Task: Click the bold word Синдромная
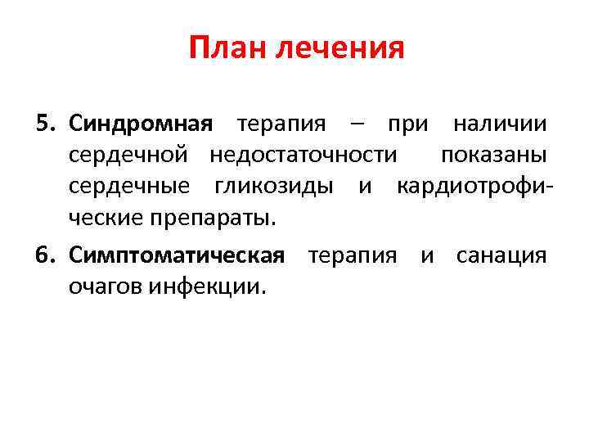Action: click(141, 124)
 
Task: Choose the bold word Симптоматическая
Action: click(177, 256)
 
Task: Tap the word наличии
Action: click(499, 124)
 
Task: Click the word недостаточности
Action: click(305, 156)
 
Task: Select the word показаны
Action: click(493, 156)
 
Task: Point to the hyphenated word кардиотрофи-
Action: click(475, 187)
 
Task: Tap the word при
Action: click(407, 124)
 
